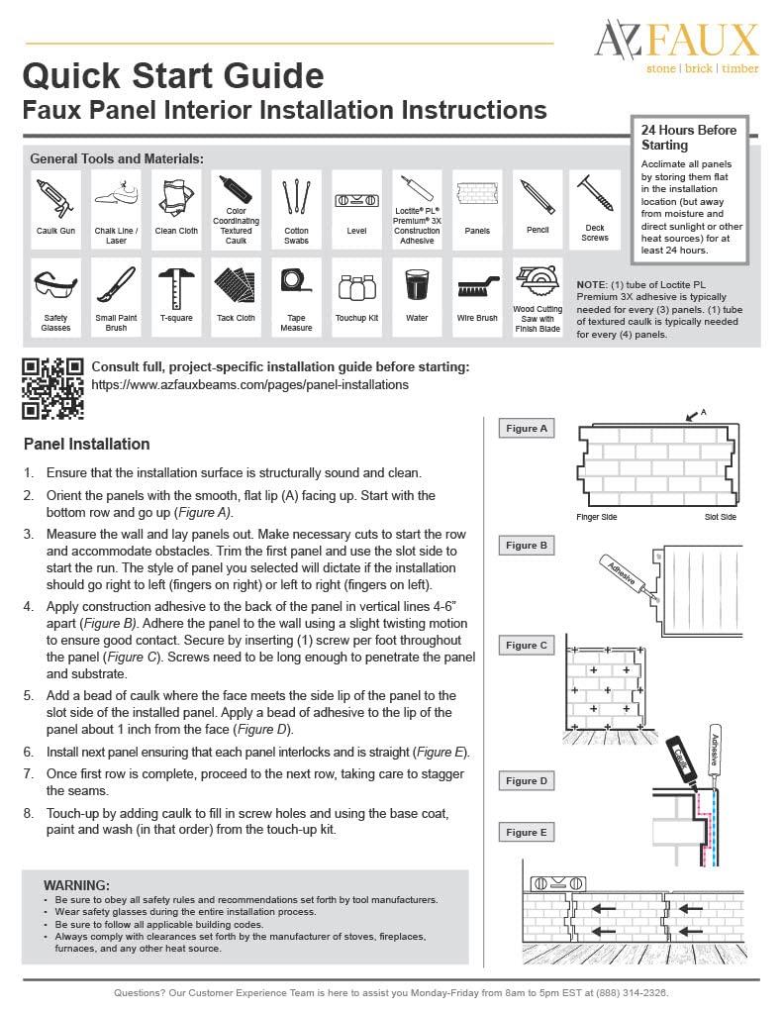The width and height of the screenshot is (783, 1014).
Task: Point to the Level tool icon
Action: [x=356, y=199]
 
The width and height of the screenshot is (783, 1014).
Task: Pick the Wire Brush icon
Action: [x=478, y=287]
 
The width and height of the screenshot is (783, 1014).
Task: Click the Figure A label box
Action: [x=527, y=429]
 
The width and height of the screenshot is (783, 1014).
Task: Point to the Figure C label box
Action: [x=527, y=646]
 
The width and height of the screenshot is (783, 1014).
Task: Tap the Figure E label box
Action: [x=527, y=833]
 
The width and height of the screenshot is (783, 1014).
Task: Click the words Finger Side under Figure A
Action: [x=596, y=517]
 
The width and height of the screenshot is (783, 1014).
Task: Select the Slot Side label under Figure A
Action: [x=721, y=517]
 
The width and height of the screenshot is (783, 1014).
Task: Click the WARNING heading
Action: [x=76, y=884]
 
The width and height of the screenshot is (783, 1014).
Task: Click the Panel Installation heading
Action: [x=86, y=444]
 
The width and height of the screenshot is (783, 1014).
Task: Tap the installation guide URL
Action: [x=249, y=384]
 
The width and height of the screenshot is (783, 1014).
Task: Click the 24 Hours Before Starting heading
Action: [x=689, y=138]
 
